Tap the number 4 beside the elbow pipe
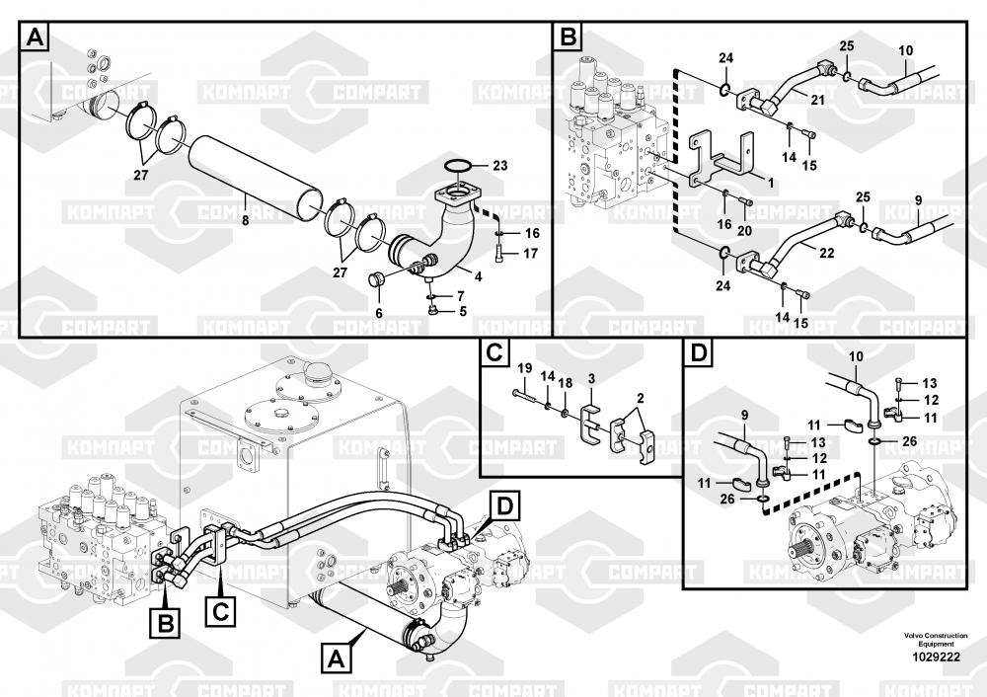point(478,277)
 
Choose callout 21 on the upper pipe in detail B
point(816,98)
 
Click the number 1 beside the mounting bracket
point(770,182)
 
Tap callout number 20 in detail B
point(745,230)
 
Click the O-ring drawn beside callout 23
point(459,166)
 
